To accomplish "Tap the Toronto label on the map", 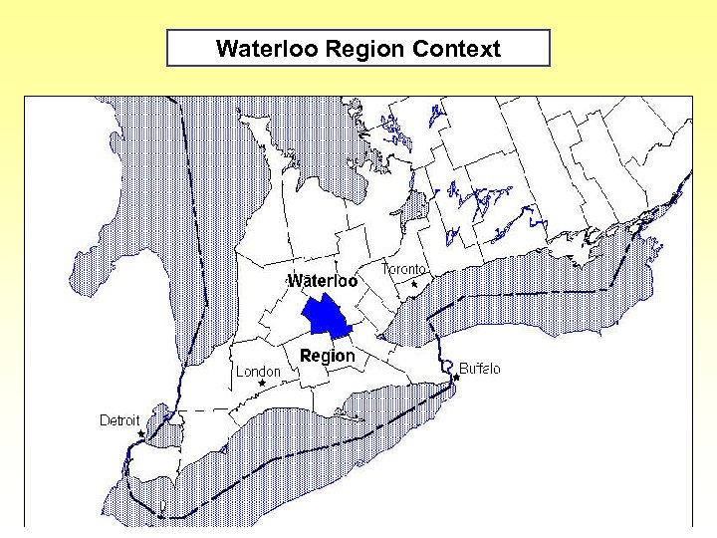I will [x=405, y=269].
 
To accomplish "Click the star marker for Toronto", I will [x=414, y=284].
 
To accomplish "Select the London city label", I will [x=258, y=371].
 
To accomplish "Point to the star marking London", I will [x=262, y=383].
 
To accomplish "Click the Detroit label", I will [x=119, y=420].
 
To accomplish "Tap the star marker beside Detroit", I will [x=142, y=433].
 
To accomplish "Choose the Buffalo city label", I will [x=480, y=369].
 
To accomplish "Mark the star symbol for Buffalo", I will [x=457, y=378].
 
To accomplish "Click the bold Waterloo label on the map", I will [x=323, y=281].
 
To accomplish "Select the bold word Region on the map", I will [x=327, y=356].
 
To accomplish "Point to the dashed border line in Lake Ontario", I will [x=538, y=291].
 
